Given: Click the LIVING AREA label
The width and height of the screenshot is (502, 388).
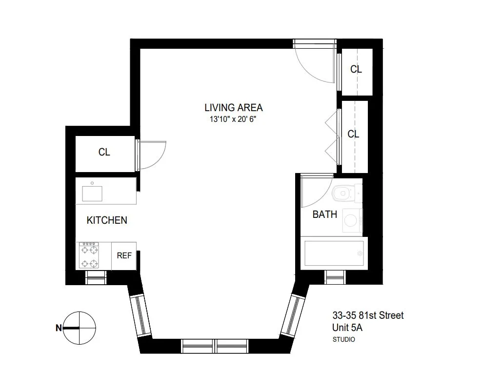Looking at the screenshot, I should (233, 108).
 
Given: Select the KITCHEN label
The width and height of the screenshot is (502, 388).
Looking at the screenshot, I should (107, 220).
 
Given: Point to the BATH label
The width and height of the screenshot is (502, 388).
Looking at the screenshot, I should (324, 214).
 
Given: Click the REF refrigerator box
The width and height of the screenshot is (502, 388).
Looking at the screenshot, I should (124, 255).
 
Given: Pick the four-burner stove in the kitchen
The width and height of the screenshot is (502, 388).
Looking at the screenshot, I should (89, 256).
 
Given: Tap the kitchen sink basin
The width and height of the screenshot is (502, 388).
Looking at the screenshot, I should (92, 194).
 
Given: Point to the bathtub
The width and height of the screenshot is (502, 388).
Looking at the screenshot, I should (333, 252).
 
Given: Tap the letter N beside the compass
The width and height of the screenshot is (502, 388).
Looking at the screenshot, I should (59, 328).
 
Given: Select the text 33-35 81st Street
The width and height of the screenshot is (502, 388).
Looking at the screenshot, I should (368, 315).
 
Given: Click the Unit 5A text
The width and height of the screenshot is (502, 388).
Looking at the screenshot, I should (347, 328).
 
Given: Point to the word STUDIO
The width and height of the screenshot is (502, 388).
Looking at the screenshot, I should (343, 340).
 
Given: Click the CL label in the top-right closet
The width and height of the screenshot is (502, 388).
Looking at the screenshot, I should (356, 69).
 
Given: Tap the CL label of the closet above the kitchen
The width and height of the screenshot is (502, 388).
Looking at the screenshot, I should (104, 152).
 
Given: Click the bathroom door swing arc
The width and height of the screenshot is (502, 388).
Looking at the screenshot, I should (315, 193).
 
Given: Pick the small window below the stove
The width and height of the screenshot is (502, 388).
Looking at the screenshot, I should (95, 277).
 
